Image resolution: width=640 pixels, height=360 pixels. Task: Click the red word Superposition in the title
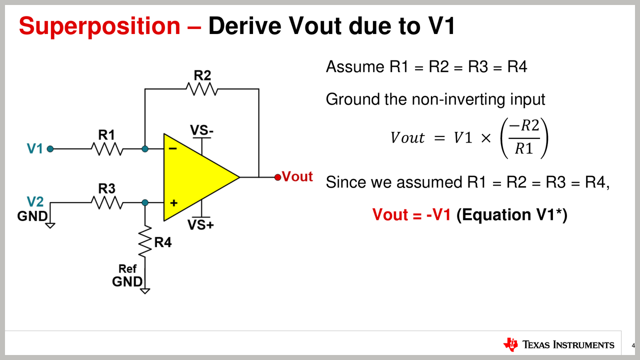pyautogui.click(x=99, y=26)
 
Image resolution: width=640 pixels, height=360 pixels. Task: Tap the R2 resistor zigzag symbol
pyautogui.click(x=202, y=89)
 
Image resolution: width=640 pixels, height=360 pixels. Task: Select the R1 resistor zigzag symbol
pyautogui.click(x=106, y=149)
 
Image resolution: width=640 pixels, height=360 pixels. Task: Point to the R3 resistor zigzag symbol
pyautogui.click(x=106, y=202)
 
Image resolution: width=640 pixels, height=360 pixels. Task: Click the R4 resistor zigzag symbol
pyautogui.click(x=145, y=242)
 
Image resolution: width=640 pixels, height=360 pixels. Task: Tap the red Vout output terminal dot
pyautogui.click(x=277, y=177)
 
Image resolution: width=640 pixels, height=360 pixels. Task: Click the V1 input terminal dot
pyautogui.click(x=50, y=149)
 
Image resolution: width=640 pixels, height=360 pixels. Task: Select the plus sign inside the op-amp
pyautogui.click(x=173, y=203)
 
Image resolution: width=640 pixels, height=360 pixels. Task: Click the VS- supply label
pyautogui.click(x=202, y=131)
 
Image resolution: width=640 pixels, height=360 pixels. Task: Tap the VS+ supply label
pyautogui.click(x=201, y=225)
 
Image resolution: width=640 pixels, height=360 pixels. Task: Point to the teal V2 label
pyautogui.click(x=35, y=201)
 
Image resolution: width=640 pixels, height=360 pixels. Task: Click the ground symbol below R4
pyautogui.click(x=145, y=290)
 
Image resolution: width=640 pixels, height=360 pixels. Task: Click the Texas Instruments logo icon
pyautogui.click(x=511, y=344)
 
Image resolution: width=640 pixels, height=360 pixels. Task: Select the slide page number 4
pyautogui.click(x=632, y=345)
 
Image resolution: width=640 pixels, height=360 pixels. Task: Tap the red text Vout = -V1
pyautogui.click(x=411, y=214)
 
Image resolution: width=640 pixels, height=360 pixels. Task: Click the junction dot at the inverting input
pyautogui.click(x=145, y=149)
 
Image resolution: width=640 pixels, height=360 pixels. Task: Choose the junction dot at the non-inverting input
pyautogui.click(x=145, y=202)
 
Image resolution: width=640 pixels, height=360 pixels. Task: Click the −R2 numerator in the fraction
pyautogui.click(x=523, y=127)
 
